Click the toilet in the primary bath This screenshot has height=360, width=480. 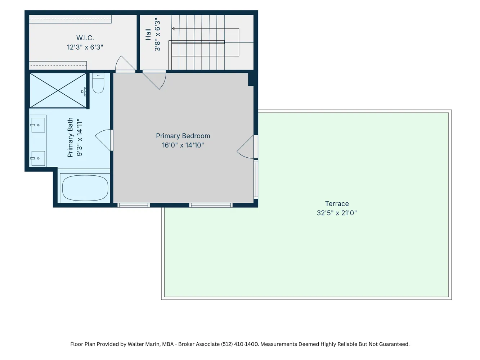click(98, 83)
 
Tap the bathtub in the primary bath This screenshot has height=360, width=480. click(85, 188)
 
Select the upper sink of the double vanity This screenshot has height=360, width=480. click(38, 125)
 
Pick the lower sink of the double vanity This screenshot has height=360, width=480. click(38, 158)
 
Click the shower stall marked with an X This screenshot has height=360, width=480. click(58, 90)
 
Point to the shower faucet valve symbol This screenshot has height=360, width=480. click(84, 91)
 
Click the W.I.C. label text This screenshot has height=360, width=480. click(85, 38)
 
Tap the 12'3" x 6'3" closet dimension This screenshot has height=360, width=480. click(85, 47)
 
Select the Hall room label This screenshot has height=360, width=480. click(148, 34)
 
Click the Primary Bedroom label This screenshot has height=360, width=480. click(183, 136)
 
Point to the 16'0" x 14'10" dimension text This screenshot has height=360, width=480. click(183, 145)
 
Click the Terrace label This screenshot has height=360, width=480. click(337, 204)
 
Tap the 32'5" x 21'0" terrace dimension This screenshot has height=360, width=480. click(337, 213)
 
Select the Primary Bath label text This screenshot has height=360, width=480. click(70, 137)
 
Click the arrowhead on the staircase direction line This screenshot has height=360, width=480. click(174, 28)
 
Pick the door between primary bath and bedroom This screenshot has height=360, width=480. click(104, 140)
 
